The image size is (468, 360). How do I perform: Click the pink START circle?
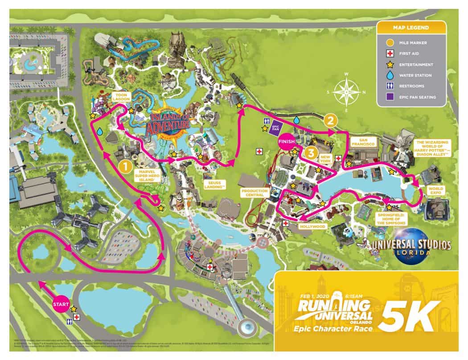point(61,304)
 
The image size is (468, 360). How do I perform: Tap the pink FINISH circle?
point(286,142)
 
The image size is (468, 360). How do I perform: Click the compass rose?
point(349,92)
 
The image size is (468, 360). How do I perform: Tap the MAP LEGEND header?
point(411,28)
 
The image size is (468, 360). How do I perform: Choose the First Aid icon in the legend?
point(389,54)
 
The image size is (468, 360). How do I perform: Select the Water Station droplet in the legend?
point(389,75)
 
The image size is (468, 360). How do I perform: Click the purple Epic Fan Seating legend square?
point(389,96)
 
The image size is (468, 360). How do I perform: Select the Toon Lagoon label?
point(119,98)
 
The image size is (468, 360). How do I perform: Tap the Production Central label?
point(255,193)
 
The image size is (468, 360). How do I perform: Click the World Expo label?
point(436,191)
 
